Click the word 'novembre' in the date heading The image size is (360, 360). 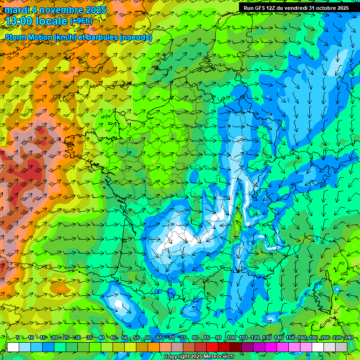[55, 10]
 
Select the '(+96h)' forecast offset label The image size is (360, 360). [81, 21]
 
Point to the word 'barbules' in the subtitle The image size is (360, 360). [100, 37]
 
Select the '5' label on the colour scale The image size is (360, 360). [17, 338]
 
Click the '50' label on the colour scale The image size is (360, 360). [124, 338]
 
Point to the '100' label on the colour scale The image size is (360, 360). [232, 338]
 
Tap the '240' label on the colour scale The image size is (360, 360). [348, 338]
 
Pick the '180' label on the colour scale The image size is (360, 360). [313, 338]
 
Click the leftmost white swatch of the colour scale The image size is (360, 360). [13, 347]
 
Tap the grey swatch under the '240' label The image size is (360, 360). [341, 347]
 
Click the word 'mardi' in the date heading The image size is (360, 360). [17, 10]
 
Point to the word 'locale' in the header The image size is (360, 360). [52, 21]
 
